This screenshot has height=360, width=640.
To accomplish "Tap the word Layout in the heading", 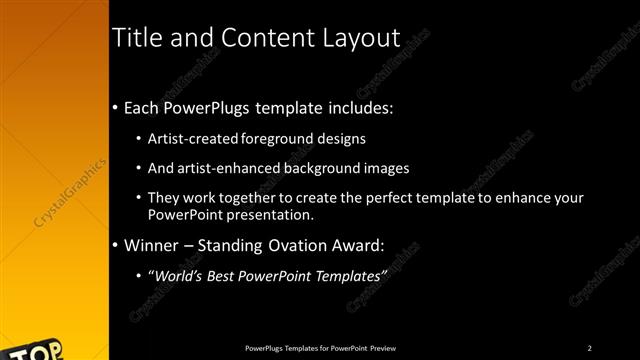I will (x=355, y=38).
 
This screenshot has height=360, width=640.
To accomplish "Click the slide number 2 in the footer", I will (x=590, y=348).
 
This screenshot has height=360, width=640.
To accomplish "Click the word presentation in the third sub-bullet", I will (x=272, y=214).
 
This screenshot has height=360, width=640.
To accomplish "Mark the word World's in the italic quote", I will (x=176, y=275).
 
